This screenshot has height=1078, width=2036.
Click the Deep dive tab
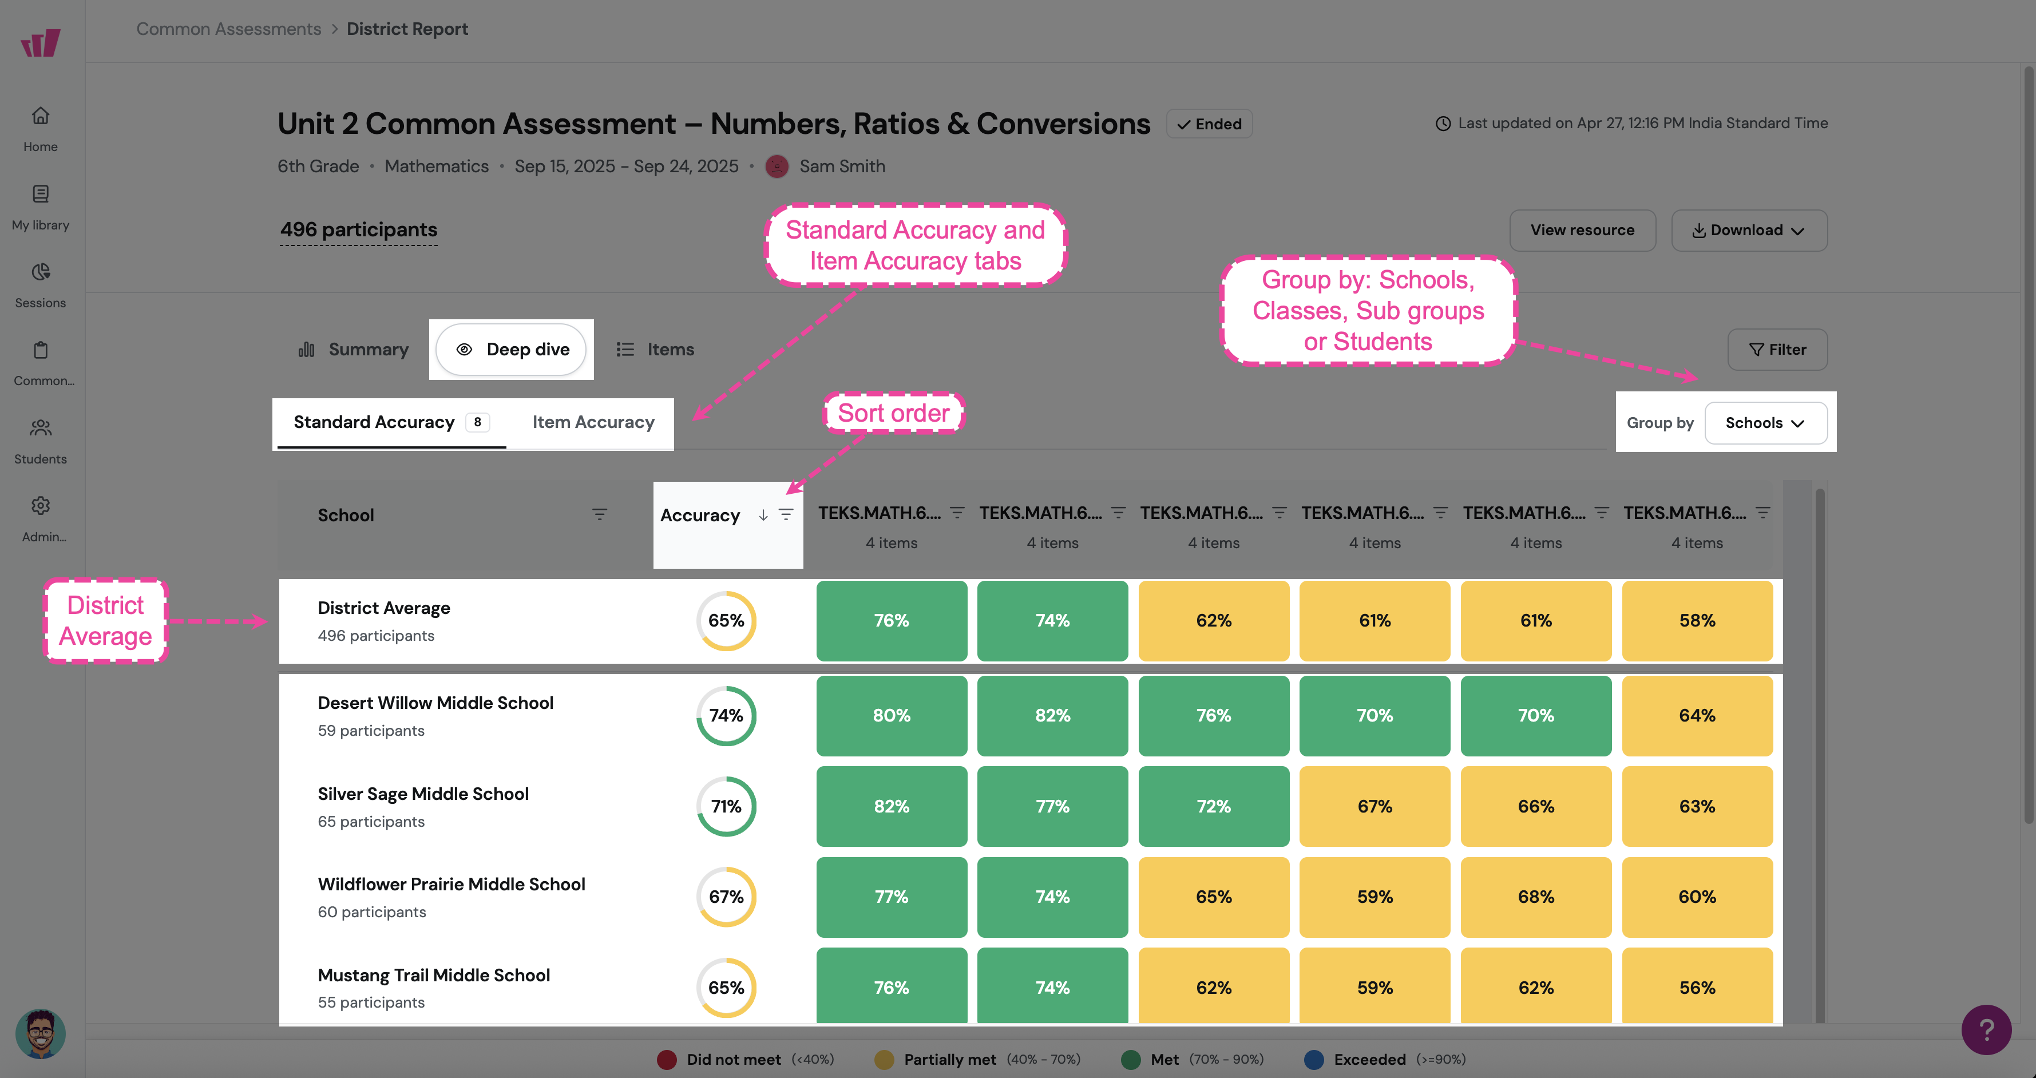tap(512, 350)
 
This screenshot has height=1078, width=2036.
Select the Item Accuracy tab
tap(593, 422)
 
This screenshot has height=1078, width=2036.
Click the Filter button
tap(1777, 350)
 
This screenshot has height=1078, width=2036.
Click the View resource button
tap(1582, 230)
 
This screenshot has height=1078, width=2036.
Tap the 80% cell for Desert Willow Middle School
tap(892, 715)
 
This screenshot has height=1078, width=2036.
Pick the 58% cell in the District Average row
tap(1697, 620)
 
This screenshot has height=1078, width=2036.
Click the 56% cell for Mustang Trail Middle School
tap(1697, 986)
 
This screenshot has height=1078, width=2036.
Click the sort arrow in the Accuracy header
tap(763, 516)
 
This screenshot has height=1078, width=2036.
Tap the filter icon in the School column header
tap(600, 514)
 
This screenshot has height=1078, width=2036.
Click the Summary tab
tap(353, 350)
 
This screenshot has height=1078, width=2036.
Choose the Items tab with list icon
tap(655, 350)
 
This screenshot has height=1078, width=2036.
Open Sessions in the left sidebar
tap(40, 286)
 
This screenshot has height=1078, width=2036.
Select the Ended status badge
tap(1209, 124)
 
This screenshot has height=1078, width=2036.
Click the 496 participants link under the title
tap(359, 230)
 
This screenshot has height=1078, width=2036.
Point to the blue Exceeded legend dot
tap(1314, 1059)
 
